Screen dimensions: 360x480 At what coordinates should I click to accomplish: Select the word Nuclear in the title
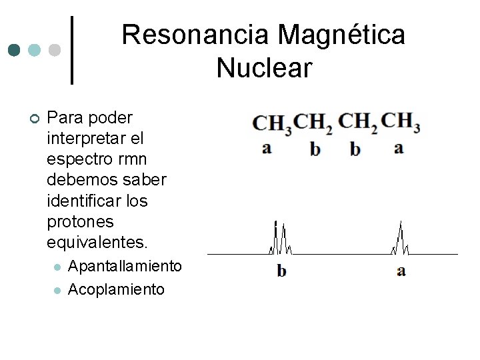[264, 67]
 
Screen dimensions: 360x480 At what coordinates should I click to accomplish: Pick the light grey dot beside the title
[55, 50]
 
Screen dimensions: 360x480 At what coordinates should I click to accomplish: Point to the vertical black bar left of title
[72, 50]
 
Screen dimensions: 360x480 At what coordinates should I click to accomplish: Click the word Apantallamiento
[125, 266]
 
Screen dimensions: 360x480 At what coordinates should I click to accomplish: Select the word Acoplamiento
[116, 289]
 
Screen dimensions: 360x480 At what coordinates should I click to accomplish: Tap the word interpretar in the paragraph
[81, 139]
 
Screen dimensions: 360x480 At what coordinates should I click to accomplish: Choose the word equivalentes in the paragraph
[90, 241]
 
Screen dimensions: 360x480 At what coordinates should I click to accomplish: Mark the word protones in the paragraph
[81, 221]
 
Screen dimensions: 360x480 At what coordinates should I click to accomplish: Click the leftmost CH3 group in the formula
[271, 124]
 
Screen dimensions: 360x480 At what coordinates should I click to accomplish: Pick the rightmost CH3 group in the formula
[400, 122]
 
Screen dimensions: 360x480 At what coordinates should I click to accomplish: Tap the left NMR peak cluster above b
[280, 240]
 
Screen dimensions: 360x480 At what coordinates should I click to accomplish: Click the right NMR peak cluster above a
[400, 240]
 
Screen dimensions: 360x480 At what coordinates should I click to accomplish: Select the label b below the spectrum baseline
[281, 271]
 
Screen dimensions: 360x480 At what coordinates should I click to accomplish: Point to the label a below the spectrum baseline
[400, 271]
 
